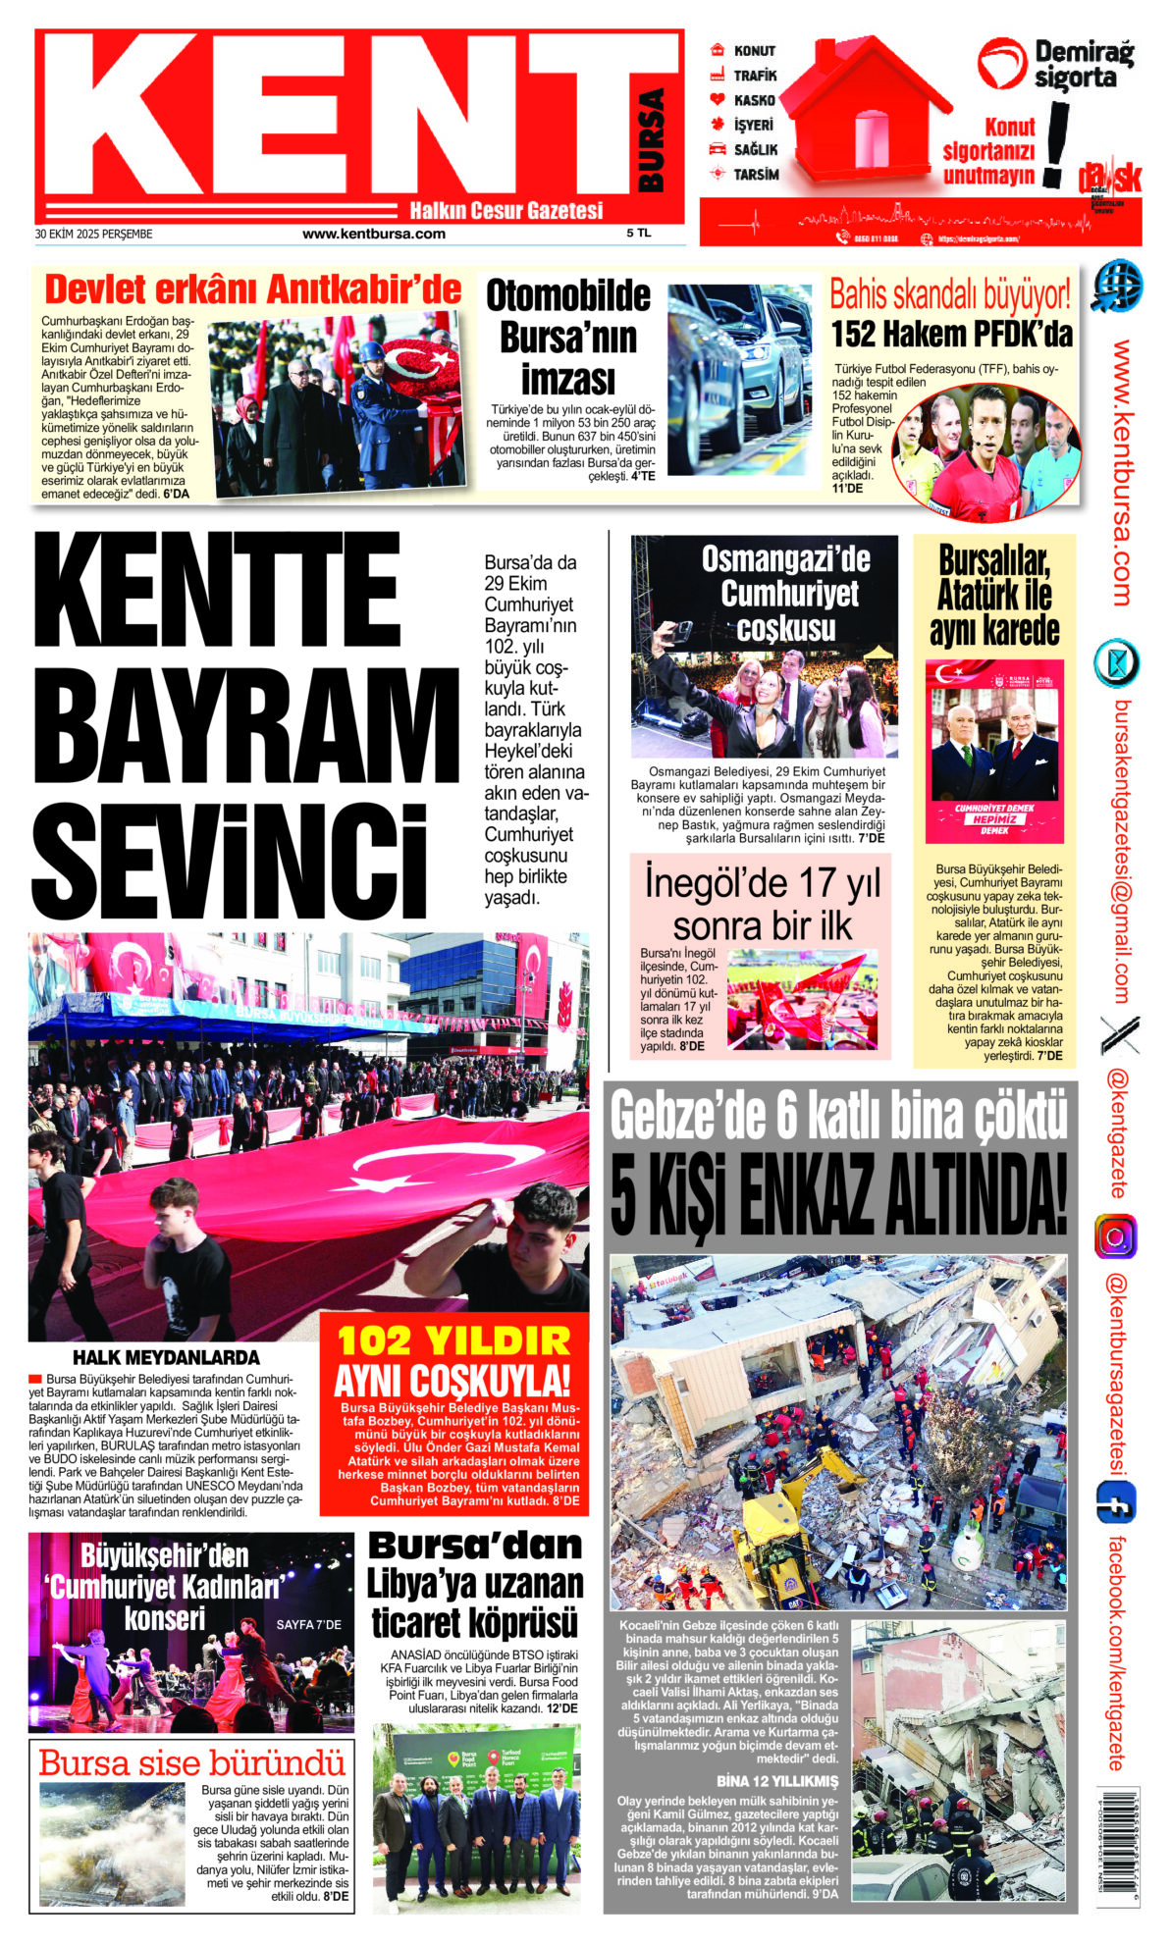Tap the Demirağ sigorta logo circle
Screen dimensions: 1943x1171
pos(1002,63)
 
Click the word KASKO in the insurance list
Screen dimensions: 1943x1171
pos(754,100)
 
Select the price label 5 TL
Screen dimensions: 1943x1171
pos(638,234)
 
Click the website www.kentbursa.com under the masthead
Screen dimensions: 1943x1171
pos(374,234)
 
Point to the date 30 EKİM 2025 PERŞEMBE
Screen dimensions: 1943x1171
pos(93,235)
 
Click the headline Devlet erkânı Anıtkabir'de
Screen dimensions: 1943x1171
pos(253,290)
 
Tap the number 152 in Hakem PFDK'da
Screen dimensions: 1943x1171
pos(853,335)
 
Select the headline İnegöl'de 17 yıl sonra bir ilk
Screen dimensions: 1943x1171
pos(762,904)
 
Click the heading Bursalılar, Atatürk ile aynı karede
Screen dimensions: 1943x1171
pos(994,597)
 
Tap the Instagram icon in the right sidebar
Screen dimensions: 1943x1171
pos(1115,1236)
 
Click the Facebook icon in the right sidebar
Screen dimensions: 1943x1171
pos(1115,1502)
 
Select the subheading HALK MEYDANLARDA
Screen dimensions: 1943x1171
pos(166,1358)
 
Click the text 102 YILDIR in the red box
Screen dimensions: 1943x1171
pos(453,1340)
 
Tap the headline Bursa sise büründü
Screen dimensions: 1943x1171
pos(191,1763)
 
